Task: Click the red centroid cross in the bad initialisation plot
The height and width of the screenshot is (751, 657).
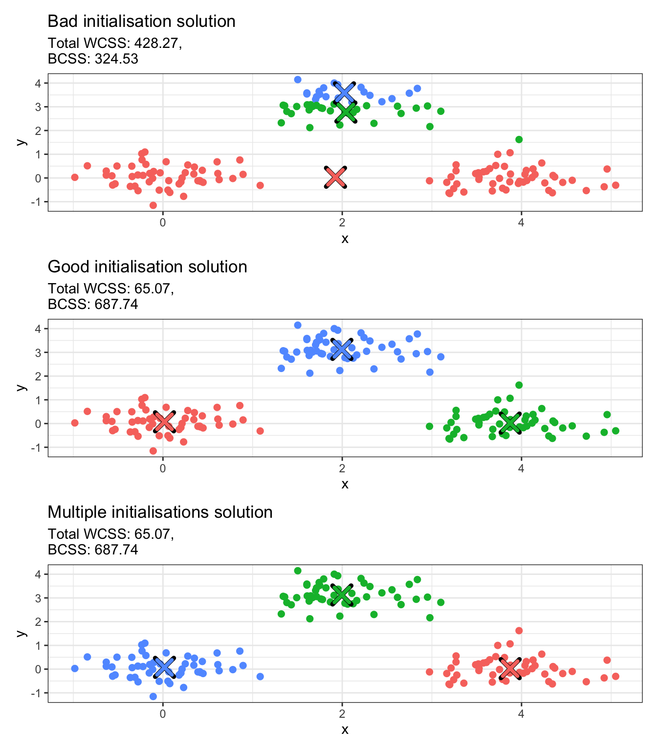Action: pyautogui.click(x=335, y=177)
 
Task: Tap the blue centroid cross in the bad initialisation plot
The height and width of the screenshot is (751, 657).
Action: pyautogui.click(x=345, y=92)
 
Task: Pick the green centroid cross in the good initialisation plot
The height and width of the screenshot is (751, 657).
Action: pyautogui.click(x=510, y=423)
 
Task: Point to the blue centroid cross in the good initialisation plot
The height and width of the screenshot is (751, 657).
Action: pyautogui.click(x=342, y=349)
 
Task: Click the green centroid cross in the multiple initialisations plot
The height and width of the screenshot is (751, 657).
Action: pyautogui.click(x=342, y=595)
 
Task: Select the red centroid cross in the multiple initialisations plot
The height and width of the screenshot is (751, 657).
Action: pyautogui.click(x=510, y=668)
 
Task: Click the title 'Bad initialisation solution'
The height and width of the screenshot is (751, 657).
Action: pyautogui.click(x=141, y=22)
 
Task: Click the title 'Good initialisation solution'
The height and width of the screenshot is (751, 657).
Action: pyautogui.click(x=147, y=267)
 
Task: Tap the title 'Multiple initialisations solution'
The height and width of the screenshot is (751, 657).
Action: pyautogui.click(x=160, y=512)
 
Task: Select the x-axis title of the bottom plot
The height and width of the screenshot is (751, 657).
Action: pyautogui.click(x=345, y=730)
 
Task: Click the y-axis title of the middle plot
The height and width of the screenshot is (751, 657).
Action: pyautogui.click(x=21, y=387)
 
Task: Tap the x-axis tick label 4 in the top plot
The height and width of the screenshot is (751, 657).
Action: pyautogui.click(x=521, y=222)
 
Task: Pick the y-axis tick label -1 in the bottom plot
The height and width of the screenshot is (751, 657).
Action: pyautogui.click(x=37, y=693)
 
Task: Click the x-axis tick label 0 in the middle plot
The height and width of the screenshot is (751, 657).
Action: pyautogui.click(x=163, y=468)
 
